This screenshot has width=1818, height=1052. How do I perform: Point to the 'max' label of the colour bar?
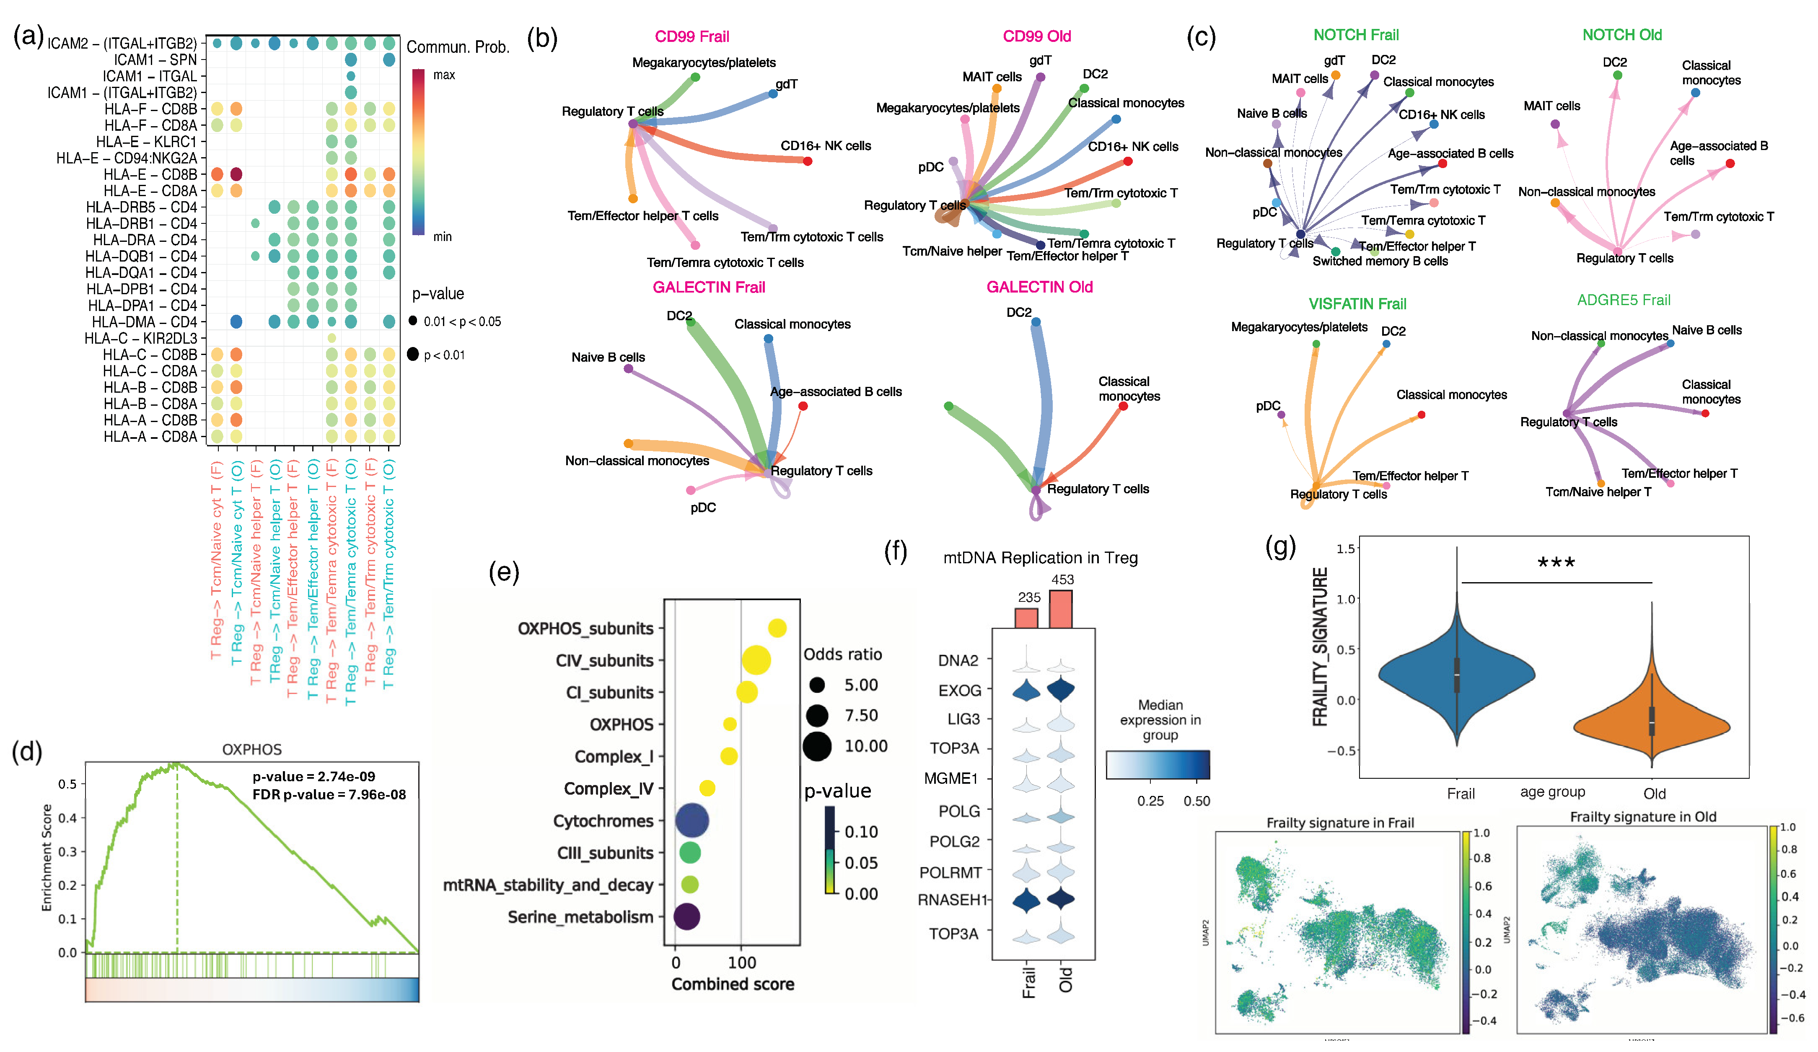(x=444, y=75)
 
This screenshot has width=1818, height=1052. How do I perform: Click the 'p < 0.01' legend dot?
(x=413, y=354)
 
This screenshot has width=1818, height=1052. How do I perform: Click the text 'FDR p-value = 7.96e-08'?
(x=329, y=794)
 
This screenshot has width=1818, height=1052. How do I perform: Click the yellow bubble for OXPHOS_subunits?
(x=777, y=628)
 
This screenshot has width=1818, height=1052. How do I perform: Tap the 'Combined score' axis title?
(x=732, y=984)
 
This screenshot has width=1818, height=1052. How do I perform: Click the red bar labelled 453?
(x=1060, y=609)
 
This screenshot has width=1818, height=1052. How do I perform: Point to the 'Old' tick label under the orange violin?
(x=1654, y=794)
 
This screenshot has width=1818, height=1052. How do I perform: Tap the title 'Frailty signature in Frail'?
(x=1340, y=823)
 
